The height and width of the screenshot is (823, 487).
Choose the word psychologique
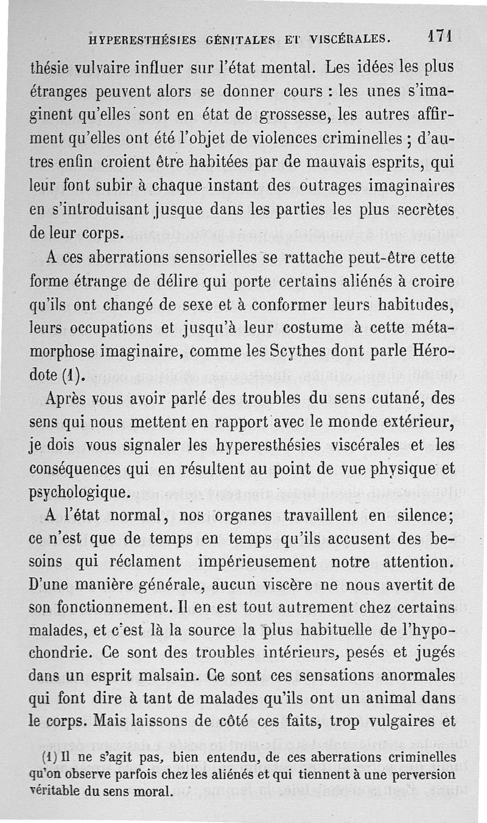[79, 490]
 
